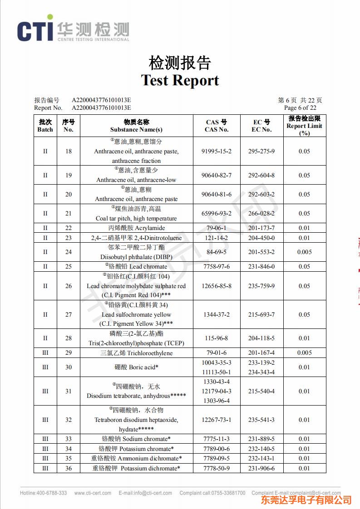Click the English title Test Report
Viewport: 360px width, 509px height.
(180, 80)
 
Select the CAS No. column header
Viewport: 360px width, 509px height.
(217, 126)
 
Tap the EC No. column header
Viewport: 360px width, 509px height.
(261, 126)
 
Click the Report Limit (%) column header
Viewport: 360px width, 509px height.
(305, 126)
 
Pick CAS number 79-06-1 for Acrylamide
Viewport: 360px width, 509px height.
(217, 228)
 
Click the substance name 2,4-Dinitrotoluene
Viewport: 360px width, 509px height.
(136, 238)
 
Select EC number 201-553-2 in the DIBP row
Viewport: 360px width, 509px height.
(261, 252)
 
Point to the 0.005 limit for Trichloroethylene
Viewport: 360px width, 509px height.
(305, 353)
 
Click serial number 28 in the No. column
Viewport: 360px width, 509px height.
(69, 338)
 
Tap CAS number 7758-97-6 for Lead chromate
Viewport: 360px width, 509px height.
(217, 266)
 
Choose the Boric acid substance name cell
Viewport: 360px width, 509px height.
(136, 367)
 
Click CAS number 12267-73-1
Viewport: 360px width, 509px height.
(217, 420)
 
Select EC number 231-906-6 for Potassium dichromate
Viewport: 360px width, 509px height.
(261, 468)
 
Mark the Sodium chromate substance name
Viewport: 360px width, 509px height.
(136, 439)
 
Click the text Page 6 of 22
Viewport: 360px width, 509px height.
(300, 108)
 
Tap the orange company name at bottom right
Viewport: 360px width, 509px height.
(306, 500)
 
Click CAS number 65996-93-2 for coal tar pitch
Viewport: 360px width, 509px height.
(217, 213)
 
